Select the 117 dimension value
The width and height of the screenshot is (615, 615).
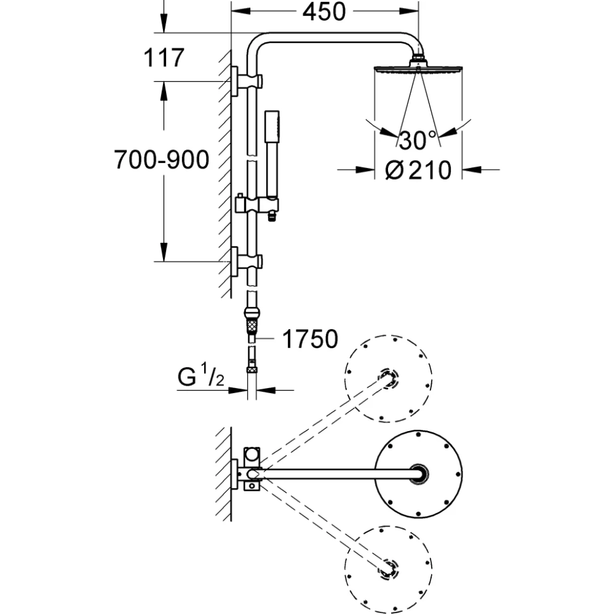(164, 58)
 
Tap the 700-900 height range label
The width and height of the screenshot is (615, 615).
(162, 161)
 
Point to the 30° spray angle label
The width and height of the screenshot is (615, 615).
(416, 140)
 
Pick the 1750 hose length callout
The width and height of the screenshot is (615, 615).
(311, 338)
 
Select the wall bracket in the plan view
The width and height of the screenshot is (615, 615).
(249, 473)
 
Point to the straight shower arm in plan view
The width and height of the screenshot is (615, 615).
(338, 474)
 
